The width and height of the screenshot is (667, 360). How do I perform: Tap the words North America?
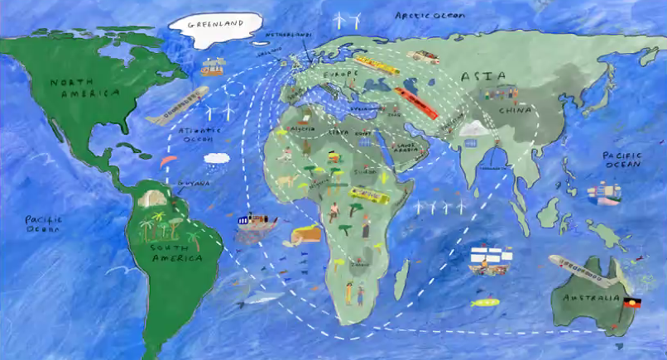click(84, 88)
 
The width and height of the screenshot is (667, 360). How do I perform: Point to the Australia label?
click(591, 298)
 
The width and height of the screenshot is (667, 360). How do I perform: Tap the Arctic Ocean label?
click(429, 16)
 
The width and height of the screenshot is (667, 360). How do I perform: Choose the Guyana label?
click(194, 184)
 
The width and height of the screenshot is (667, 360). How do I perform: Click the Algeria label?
click(300, 130)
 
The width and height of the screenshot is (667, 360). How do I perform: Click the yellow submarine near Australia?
click(483, 303)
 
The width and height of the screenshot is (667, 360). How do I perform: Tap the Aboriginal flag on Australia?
click(632, 303)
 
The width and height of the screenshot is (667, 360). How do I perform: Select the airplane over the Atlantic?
click(177, 106)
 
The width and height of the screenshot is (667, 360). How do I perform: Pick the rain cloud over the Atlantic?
click(217, 158)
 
